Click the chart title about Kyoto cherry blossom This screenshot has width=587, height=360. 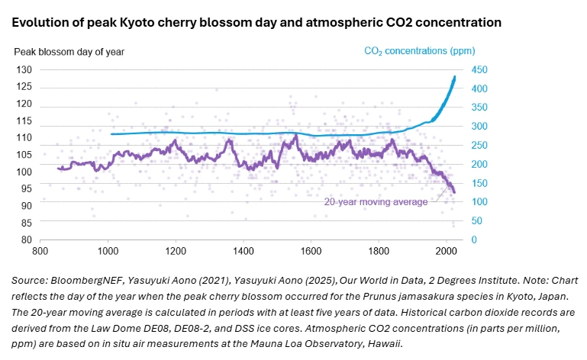pyautogui.click(x=256, y=22)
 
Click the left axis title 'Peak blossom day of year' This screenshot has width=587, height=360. pyautogui.click(x=69, y=52)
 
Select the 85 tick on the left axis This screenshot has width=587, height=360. pyautogui.click(x=25, y=223)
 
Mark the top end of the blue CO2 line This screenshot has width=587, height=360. pyautogui.click(x=456, y=76)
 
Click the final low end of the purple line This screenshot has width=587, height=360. pyautogui.click(x=454, y=193)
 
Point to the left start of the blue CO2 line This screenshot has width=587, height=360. pyautogui.click(x=111, y=134)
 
